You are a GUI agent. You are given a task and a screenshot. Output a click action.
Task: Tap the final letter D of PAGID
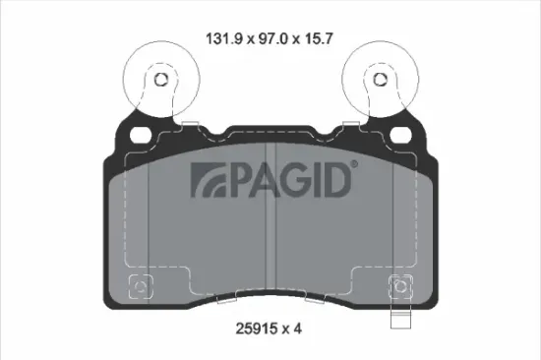[x=338, y=179]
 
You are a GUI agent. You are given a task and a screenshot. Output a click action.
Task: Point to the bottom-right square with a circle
[x=399, y=287]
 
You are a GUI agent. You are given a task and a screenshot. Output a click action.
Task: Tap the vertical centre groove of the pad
[x=270, y=236]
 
